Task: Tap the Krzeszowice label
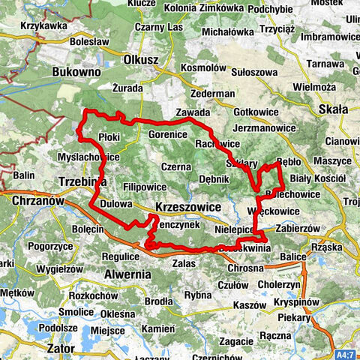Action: click(188, 206)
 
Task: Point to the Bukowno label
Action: click(77, 72)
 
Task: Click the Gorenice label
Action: click(166, 133)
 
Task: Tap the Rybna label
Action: click(197, 295)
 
